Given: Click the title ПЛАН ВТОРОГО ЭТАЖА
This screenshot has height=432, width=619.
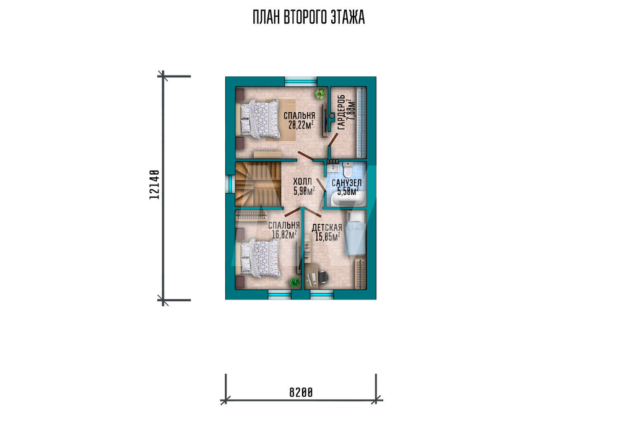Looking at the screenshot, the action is pyautogui.click(x=309, y=17).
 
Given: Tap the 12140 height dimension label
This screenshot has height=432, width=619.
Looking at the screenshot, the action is pyautogui.click(x=154, y=185).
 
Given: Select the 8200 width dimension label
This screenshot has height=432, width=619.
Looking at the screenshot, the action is pyautogui.click(x=301, y=392).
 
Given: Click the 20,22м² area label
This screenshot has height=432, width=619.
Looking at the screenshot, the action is pyautogui.click(x=301, y=125).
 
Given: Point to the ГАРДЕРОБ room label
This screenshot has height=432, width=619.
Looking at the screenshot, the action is pyautogui.click(x=342, y=112).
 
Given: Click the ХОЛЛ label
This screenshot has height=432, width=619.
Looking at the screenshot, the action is pyautogui.click(x=303, y=182).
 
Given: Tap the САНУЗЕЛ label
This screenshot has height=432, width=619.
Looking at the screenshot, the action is pyautogui.click(x=346, y=183).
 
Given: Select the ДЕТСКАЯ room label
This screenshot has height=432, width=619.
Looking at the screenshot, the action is pyautogui.click(x=327, y=227).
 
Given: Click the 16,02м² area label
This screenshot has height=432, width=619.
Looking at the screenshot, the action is pyautogui.click(x=284, y=235).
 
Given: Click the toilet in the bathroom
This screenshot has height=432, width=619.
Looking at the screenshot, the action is pyautogui.click(x=348, y=169).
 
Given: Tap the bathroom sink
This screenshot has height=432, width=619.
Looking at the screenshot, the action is pyautogui.click(x=332, y=167).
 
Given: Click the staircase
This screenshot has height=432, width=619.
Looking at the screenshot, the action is pyautogui.click(x=258, y=184).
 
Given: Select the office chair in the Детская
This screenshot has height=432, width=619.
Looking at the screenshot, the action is pyautogui.click(x=322, y=277).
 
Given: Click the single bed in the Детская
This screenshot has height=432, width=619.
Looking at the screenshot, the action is pyautogui.click(x=356, y=233).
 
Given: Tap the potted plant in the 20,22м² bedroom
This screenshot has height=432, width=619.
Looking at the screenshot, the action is pyautogui.click(x=320, y=94).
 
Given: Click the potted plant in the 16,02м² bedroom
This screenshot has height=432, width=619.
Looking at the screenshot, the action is pyautogui.click(x=295, y=283).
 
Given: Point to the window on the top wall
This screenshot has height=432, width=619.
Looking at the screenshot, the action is pyautogui.click(x=300, y=82).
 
